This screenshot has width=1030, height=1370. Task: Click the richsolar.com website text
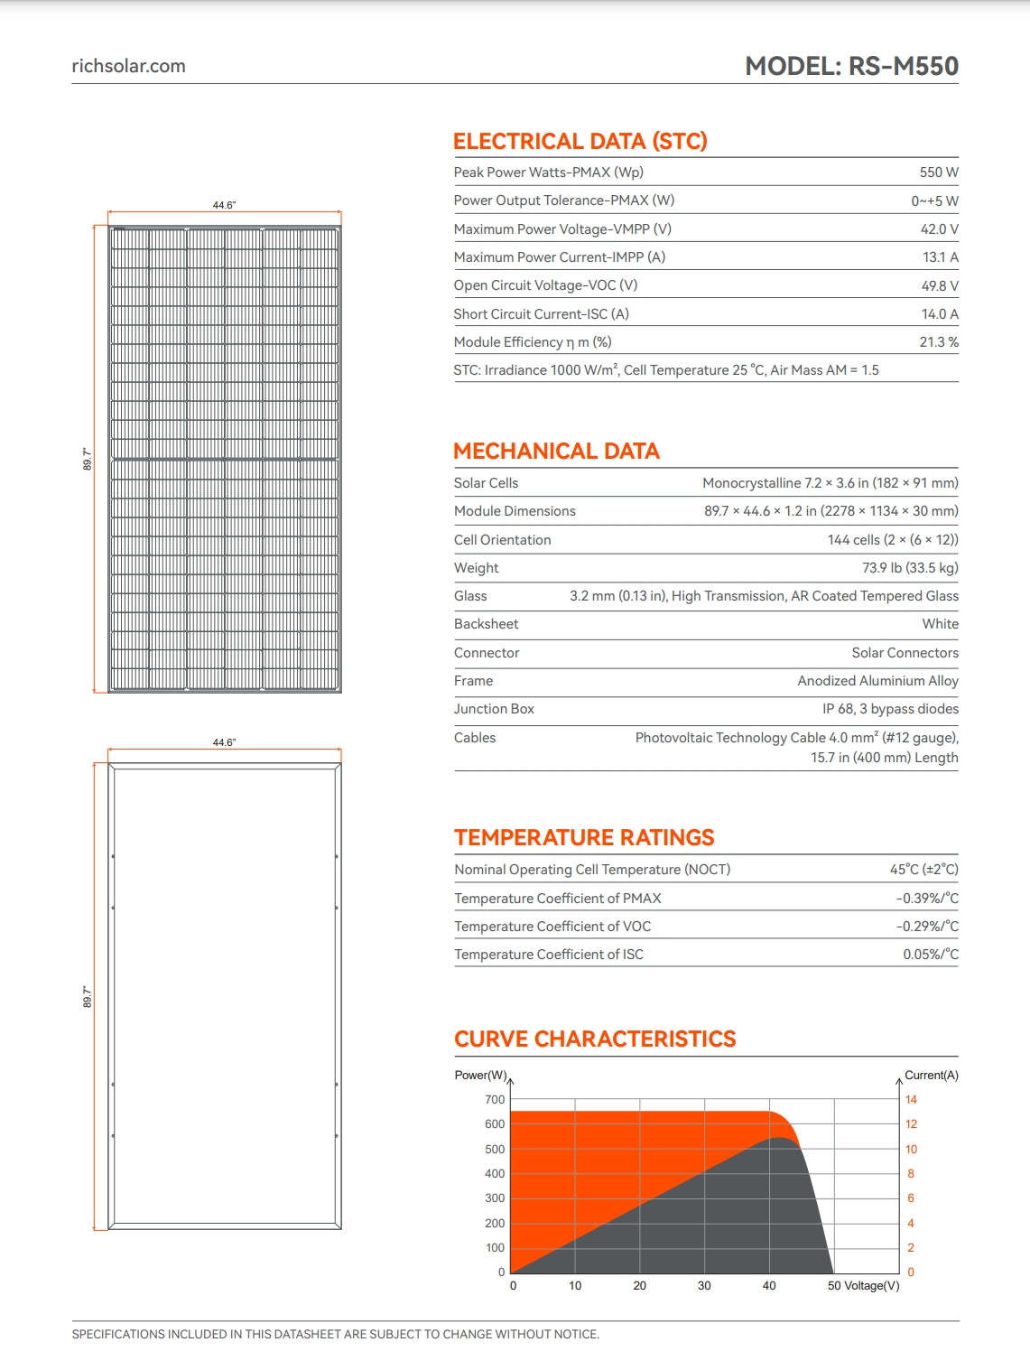[128, 66]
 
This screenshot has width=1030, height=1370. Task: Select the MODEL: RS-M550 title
[851, 66]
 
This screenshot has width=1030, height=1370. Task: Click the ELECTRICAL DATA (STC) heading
[580, 142]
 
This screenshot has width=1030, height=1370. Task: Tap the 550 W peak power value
[939, 172]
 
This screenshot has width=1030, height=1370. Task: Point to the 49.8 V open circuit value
[940, 285]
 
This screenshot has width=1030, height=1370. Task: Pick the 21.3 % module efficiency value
[939, 342]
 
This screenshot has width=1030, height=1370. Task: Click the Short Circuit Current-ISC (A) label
[541, 314]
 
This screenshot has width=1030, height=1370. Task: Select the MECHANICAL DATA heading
[556, 452]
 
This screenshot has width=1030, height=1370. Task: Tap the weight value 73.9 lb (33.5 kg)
[910, 568]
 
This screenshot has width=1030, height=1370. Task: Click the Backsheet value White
[940, 624]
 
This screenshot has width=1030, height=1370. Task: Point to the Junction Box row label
[494, 709]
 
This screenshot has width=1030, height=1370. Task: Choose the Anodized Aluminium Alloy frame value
[877, 681]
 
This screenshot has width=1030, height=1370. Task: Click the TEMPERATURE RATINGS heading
[584, 838]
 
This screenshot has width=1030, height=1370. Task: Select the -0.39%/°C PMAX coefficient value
[927, 899]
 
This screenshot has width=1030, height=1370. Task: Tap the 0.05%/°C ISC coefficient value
[931, 955]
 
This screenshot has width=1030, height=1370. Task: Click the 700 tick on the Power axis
[495, 1100]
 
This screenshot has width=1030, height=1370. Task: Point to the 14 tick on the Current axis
[911, 1100]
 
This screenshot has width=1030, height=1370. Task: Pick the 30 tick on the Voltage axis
[704, 1286]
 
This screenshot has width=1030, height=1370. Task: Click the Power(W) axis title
[480, 1076]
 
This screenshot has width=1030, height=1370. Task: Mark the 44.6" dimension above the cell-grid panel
[224, 205]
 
